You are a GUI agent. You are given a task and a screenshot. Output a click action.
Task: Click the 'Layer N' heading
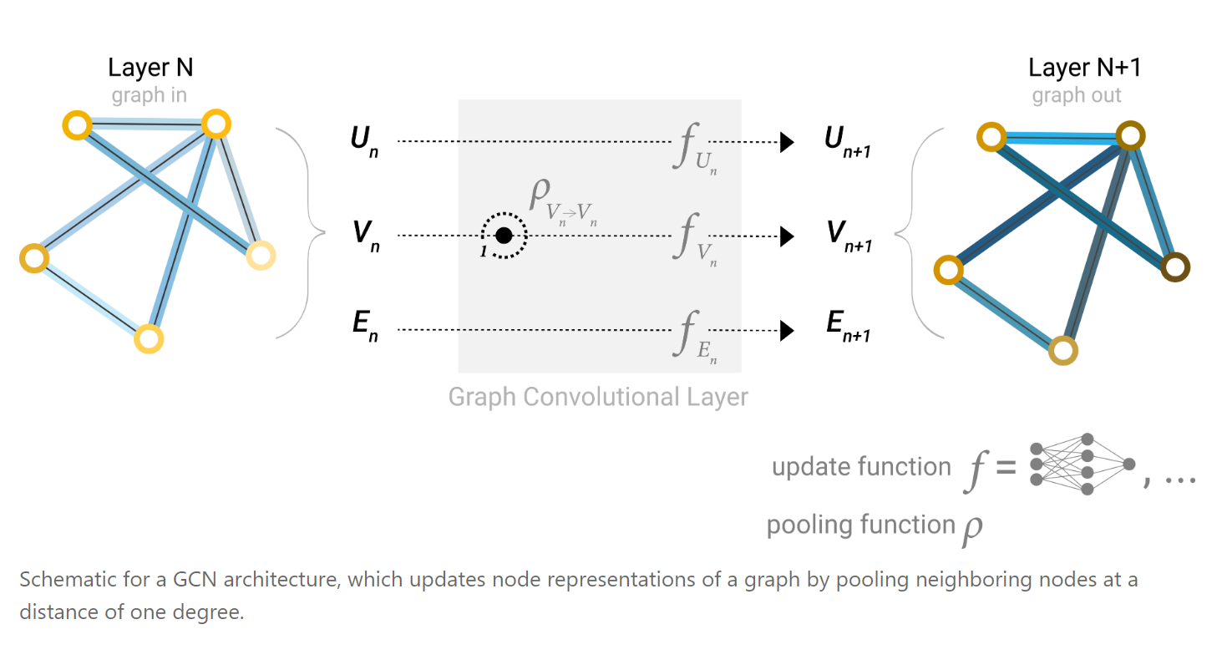coord(150,68)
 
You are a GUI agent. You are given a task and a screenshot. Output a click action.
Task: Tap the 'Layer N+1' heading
coord(1084,68)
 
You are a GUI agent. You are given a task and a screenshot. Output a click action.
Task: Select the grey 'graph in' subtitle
coord(150,95)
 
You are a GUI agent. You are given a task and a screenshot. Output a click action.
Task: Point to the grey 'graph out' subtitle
coord(1077,95)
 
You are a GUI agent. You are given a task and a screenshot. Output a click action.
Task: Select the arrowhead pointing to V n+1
coord(786,236)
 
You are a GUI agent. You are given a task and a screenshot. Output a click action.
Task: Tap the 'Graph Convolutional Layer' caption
coord(598,396)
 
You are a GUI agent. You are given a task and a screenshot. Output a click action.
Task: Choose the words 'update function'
coord(861,467)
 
